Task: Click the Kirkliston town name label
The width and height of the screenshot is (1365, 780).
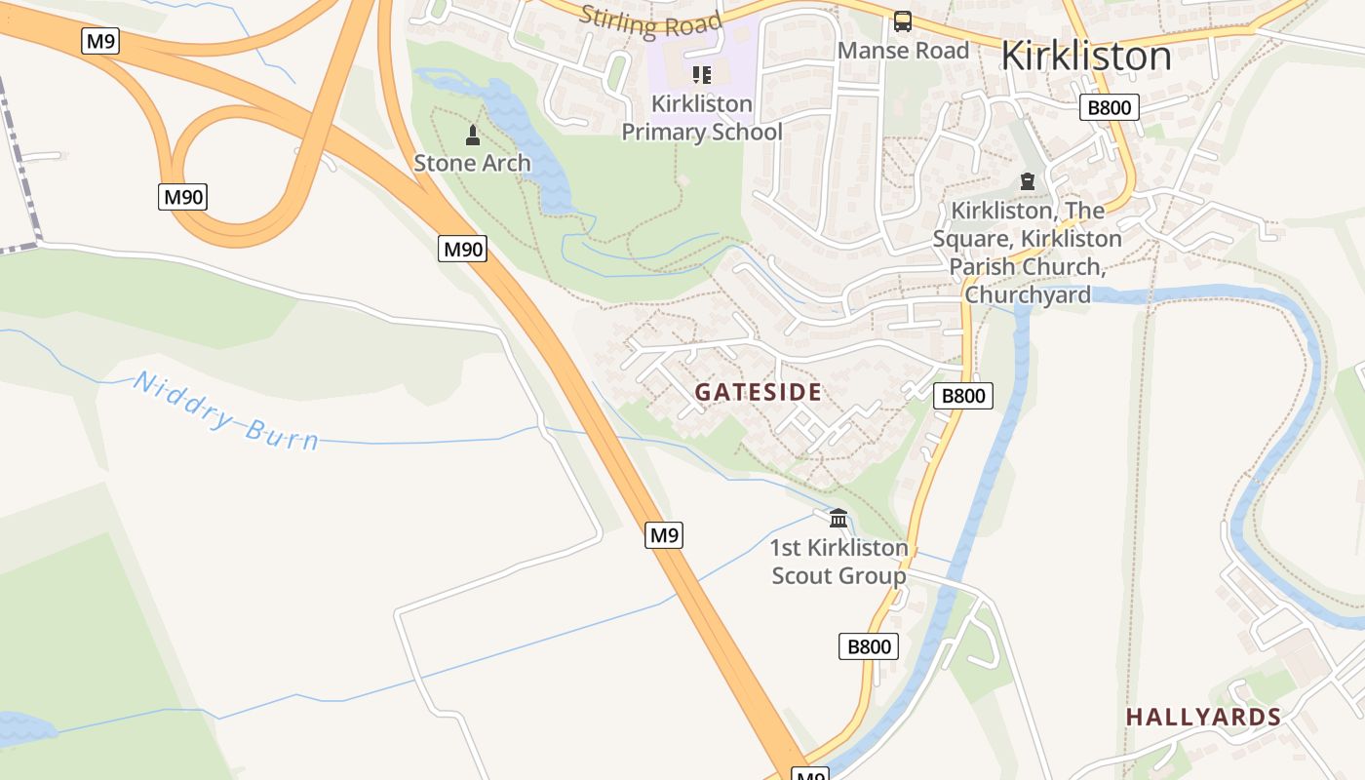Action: coord(1085,56)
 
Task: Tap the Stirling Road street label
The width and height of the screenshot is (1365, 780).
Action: coord(650,20)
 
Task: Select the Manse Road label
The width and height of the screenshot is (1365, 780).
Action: coord(903,51)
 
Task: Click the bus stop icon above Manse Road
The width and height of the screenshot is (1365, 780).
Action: coord(903,21)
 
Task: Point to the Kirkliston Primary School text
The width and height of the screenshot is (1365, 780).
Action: coord(702,118)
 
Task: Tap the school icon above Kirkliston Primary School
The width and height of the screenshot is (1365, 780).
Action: coord(702,75)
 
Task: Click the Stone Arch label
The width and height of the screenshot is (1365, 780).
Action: coord(472,163)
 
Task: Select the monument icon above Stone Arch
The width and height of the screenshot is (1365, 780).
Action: coord(473,136)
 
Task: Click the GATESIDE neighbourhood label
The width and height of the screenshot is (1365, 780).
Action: coord(758,393)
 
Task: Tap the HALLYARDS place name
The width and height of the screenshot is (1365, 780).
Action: coord(1203,718)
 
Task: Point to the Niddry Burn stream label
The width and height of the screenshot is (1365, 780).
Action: coord(225,411)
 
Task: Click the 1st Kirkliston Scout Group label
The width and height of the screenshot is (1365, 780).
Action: coord(838,562)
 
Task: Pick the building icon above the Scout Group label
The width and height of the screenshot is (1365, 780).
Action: coord(838,518)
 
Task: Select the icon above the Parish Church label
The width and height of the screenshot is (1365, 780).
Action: coord(1027,181)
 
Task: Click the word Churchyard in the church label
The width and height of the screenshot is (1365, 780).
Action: coord(1027,294)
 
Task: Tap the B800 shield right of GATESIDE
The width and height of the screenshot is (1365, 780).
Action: coord(962,396)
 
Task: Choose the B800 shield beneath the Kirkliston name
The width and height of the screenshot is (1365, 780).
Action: coord(1109,107)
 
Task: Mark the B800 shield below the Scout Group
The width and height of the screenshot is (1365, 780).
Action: coord(868,646)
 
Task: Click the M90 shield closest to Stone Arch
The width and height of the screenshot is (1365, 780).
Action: coord(462,250)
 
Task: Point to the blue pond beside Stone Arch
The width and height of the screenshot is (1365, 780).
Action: coord(526,136)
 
